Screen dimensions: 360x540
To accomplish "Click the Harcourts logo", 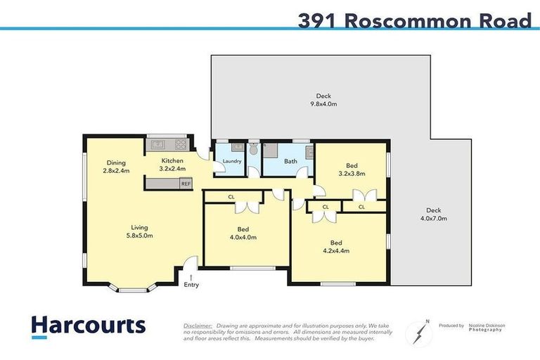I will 89,326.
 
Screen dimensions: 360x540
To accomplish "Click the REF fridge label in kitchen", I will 186,184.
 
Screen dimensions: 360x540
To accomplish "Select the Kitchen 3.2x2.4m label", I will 172,165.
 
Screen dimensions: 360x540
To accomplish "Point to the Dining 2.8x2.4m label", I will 117,166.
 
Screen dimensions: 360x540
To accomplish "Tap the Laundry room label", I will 232,162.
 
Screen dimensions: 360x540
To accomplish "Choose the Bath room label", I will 290,161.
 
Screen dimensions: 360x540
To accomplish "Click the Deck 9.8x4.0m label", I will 323,100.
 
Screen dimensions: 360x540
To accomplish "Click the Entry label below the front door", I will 191,285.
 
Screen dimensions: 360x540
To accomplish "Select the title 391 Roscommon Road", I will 414,21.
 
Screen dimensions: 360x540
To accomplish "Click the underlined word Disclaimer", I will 198,326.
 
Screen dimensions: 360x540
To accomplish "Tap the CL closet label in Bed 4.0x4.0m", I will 231,197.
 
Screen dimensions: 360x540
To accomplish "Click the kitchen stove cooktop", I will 180,145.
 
